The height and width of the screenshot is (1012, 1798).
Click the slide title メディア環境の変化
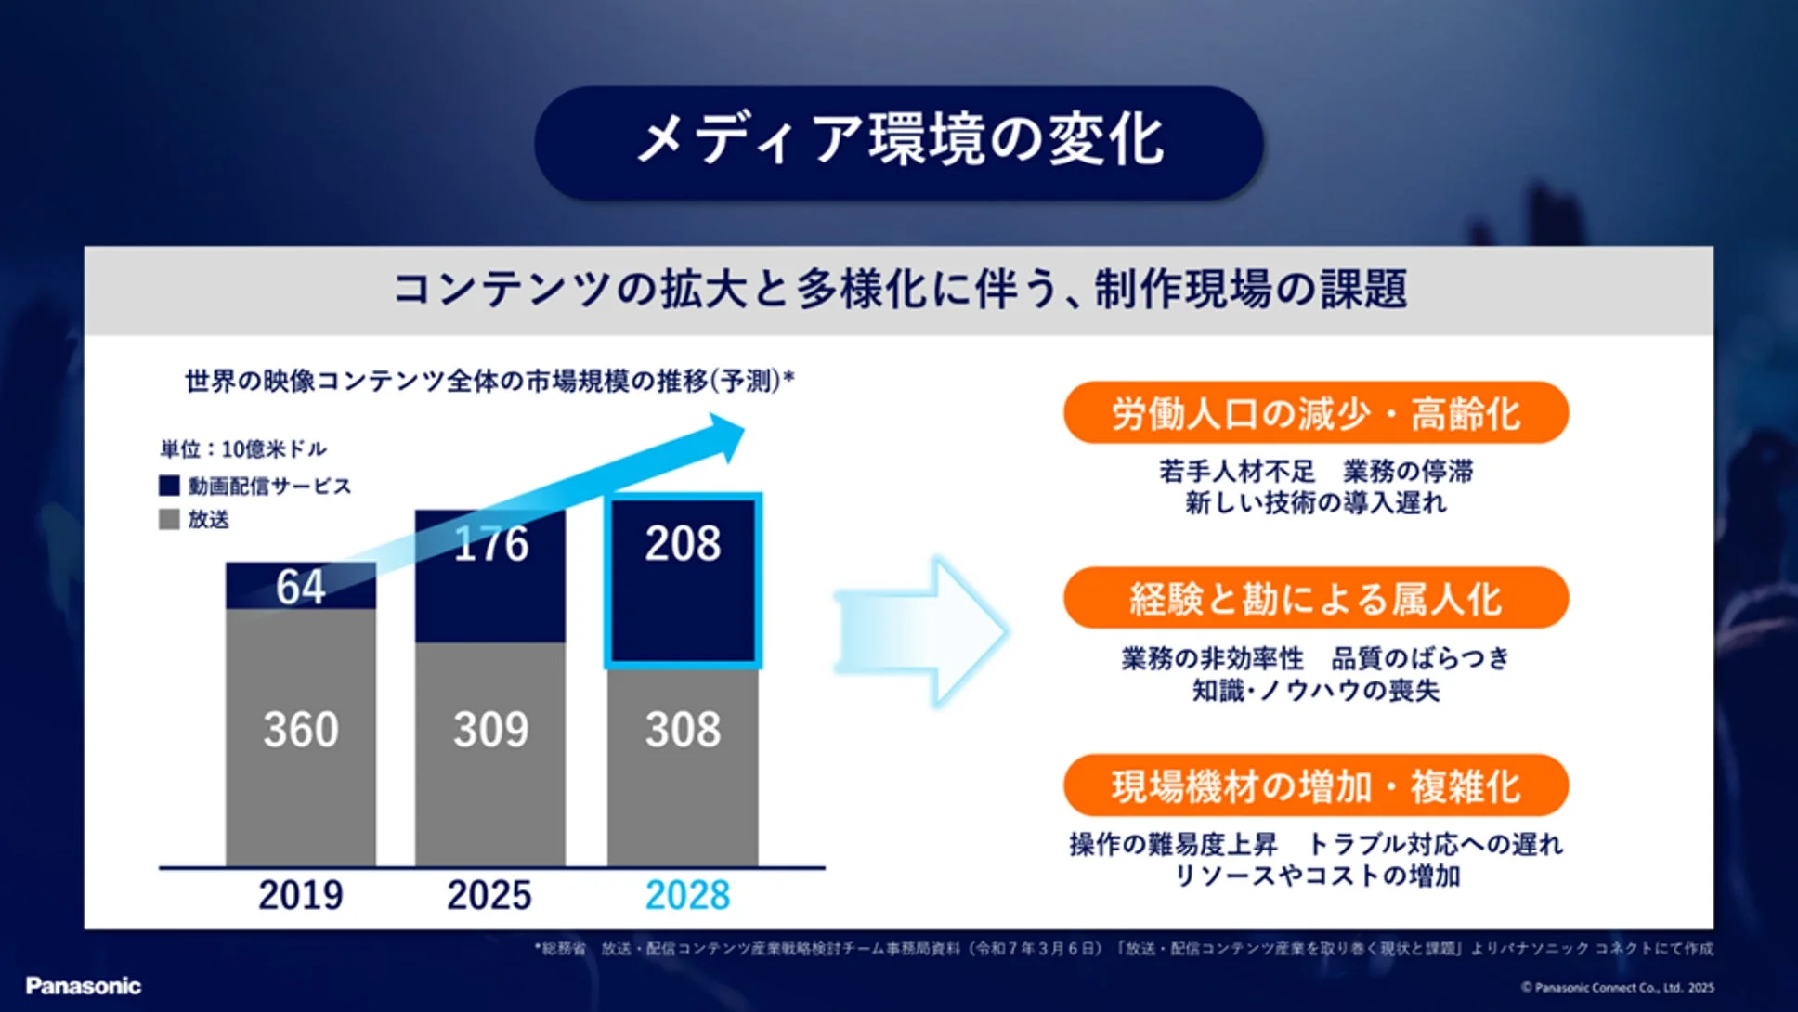(899, 141)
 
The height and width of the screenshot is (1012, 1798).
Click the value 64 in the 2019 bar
(300, 587)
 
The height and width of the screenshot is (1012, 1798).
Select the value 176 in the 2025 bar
(490, 543)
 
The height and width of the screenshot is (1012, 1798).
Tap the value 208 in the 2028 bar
(683, 543)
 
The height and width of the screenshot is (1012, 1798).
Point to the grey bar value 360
(300, 730)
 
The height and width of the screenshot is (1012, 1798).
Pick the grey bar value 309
(490, 730)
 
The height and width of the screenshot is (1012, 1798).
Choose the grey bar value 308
(683, 730)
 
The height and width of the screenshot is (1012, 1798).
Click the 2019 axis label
(300, 895)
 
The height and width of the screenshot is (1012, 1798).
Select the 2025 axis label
(489, 895)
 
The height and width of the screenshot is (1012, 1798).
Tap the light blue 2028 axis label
(687, 895)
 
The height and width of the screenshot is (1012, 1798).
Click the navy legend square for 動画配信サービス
(169, 486)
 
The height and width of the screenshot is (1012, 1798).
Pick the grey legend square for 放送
(169, 519)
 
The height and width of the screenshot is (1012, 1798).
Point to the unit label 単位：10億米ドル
(243, 449)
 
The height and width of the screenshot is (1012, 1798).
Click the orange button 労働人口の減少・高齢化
(1315, 413)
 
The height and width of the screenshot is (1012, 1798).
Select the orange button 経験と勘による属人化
(1315, 599)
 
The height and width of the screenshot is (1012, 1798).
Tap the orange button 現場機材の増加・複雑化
(1315, 786)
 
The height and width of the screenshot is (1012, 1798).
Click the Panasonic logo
(84, 986)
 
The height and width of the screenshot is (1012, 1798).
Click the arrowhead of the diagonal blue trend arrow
(724, 436)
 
